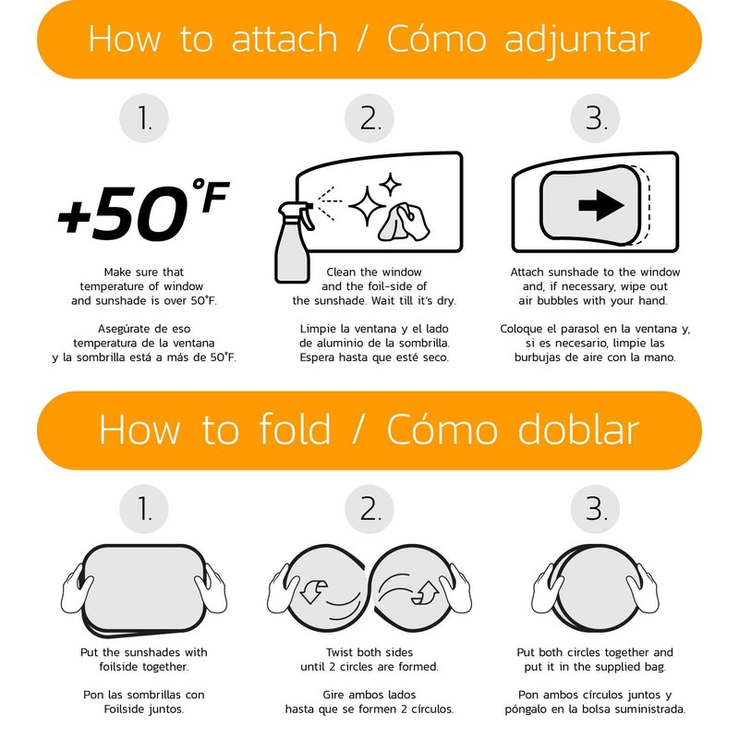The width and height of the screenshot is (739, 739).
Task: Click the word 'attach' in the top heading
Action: [x=285, y=39]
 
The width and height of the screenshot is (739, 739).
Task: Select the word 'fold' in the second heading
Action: [x=295, y=429]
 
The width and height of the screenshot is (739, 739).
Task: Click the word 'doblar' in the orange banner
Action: [x=578, y=429]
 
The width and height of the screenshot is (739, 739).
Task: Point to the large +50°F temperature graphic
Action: [x=143, y=210]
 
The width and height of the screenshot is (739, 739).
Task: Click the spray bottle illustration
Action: [x=294, y=242]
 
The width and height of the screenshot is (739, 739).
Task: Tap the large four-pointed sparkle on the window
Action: [x=367, y=206]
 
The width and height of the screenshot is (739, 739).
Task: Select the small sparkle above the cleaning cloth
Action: [x=391, y=184]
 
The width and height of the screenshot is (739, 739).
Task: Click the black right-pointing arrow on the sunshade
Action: [x=602, y=205]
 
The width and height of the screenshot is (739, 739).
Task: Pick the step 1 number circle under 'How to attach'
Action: [x=144, y=118]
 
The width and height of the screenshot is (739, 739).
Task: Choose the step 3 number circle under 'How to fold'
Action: [x=595, y=510]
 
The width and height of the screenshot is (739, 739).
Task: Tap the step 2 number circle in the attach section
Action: [x=369, y=118]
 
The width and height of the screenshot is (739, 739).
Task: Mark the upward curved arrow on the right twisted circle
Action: [x=425, y=592]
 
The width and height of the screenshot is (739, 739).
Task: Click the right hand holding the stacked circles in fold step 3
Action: [x=643, y=589]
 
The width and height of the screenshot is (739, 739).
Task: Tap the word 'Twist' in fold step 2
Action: [x=340, y=652]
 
